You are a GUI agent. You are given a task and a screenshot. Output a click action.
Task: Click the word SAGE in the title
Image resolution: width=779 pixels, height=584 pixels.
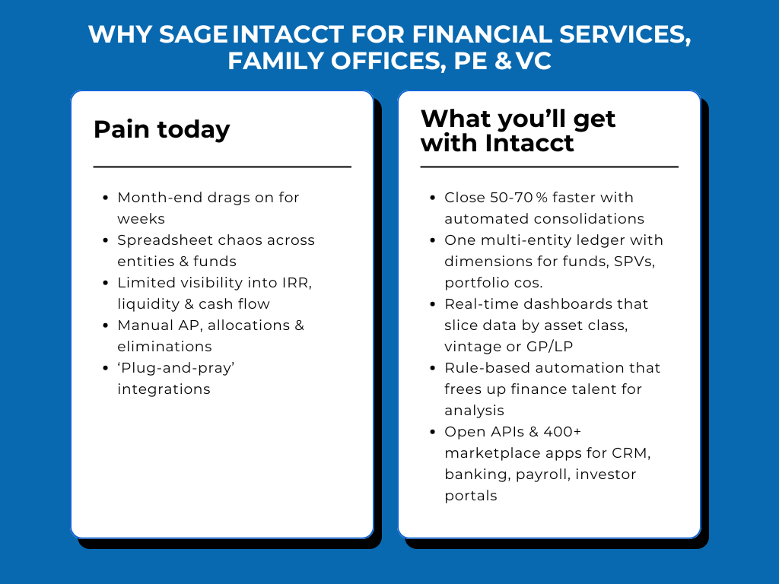pyautogui.click(x=192, y=35)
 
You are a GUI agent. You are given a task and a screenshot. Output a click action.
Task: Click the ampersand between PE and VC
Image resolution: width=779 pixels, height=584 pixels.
pyautogui.click(x=504, y=61)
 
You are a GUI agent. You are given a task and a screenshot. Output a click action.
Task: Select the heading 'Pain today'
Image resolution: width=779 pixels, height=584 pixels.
pyautogui.click(x=162, y=129)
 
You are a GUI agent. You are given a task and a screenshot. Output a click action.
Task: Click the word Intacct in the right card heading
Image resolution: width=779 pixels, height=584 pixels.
pyautogui.click(x=529, y=143)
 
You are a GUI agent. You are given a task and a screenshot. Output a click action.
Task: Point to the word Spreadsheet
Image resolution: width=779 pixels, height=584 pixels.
pyautogui.click(x=163, y=241)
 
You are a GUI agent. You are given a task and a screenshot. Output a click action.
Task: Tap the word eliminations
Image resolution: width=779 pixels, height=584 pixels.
pyautogui.click(x=164, y=346)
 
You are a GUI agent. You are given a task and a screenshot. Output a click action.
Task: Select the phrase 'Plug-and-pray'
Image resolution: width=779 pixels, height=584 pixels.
pyautogui.click(x=176, y=369)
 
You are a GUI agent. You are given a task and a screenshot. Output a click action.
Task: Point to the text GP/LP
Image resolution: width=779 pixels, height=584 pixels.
pyautogui.click(x=549, y=347)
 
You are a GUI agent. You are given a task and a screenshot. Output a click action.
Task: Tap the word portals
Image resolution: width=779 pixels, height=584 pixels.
pyautogui.click(x=471, y=496)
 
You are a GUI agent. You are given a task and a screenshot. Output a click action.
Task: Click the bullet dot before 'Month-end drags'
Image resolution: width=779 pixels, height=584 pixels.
pyautogui.click(x=105, y=198)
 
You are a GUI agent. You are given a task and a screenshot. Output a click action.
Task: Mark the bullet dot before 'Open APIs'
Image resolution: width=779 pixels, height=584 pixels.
pyautogui.click(x=432, y=432)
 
